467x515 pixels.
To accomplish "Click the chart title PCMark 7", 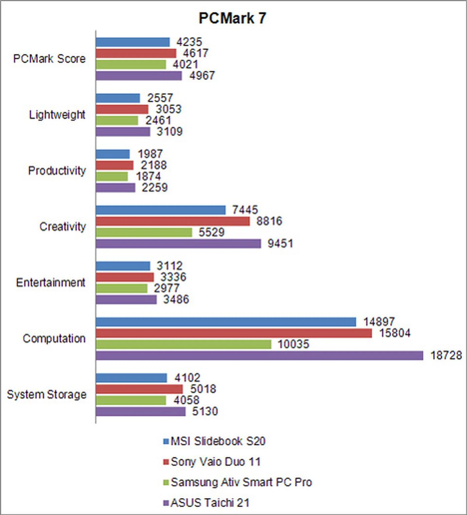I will tap(232, 19).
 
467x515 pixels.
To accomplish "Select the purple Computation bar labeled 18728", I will tap(259, 356).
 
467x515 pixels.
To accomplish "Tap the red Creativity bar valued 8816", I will tap(173, 221).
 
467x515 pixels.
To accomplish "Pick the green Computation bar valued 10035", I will tap(183, 344).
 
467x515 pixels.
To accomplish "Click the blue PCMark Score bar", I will tap(133, 42).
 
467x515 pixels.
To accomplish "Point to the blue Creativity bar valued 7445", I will tap(161, 210).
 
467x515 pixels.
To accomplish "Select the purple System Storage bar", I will tap(141, 411).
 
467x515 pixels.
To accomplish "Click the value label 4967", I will tap(202, 76).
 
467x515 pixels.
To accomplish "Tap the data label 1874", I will tap(148, 177).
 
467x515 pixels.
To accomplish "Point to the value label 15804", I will tap(395, 333).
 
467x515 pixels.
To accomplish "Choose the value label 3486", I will tap(176, 300).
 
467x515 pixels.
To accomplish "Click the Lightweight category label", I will tap(57, 115).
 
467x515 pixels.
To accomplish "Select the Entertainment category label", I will tap(51, 283).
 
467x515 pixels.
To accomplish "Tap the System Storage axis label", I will tap(47, 395).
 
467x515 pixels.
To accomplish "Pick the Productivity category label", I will tap(57, 171).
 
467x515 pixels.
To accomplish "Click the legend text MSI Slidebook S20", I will tap(218, 441).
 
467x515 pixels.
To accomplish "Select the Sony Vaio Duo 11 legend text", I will tap(216, 462).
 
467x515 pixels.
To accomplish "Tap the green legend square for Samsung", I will tap(166, 483).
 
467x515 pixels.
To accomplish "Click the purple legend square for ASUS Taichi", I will tap(166, 503).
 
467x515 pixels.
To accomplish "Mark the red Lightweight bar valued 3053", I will tap(122, 109).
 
